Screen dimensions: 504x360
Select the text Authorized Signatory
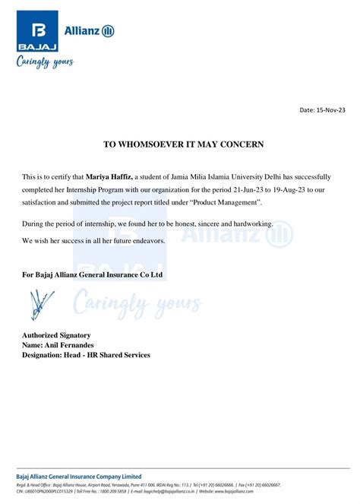point(57,335)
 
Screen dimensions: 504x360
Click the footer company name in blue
point(79,476)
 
